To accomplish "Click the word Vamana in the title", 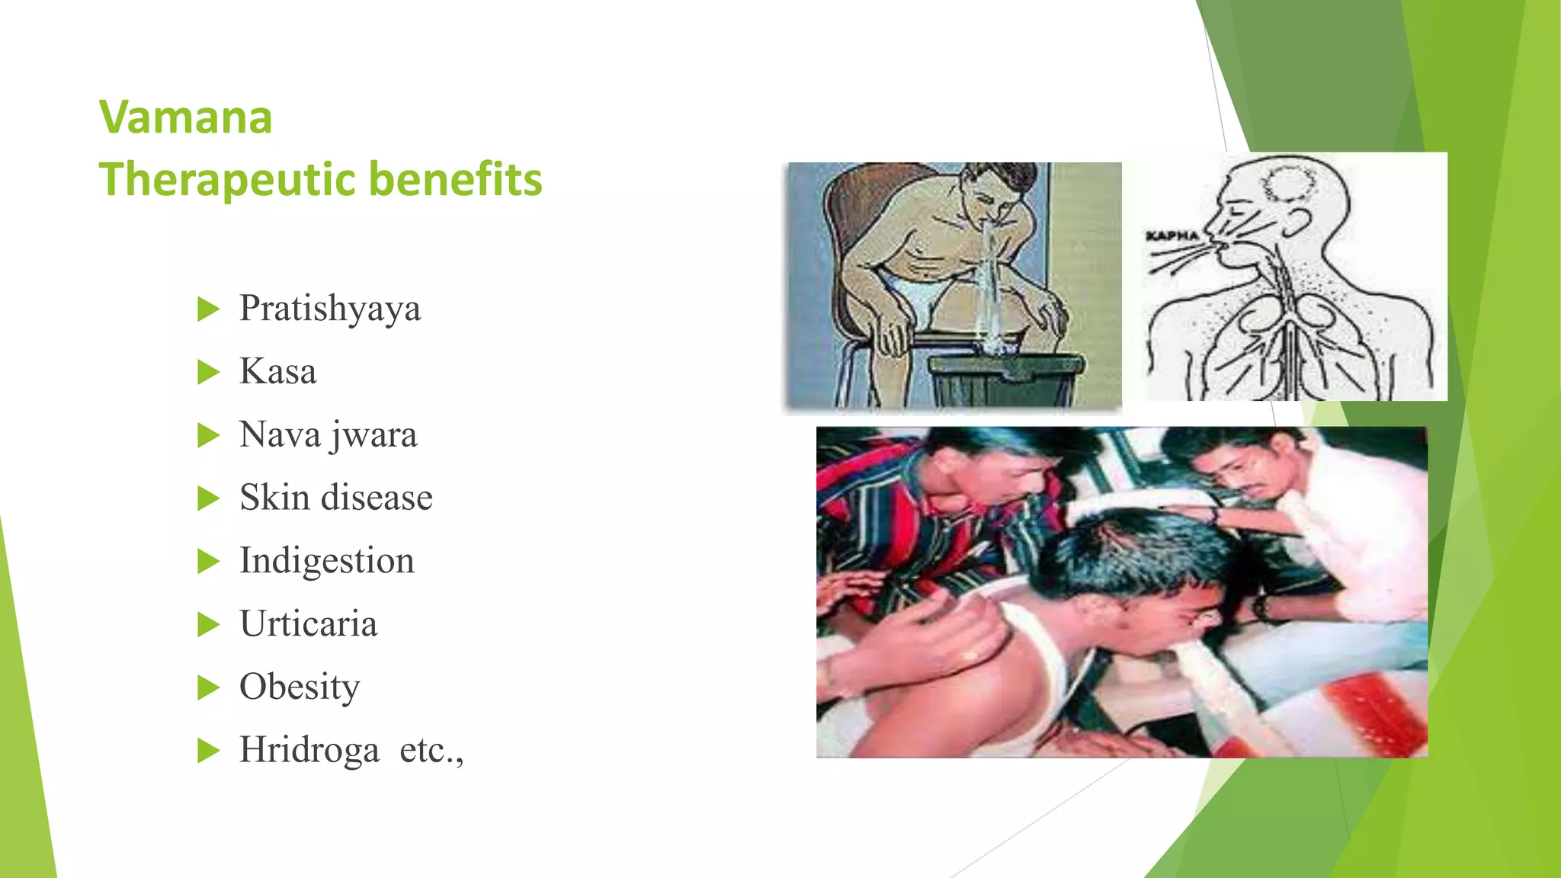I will tap(185, 117).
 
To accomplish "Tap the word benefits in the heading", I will tap(455, 180).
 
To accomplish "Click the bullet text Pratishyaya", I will tap(329, 309).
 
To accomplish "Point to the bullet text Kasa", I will tap(277, 372).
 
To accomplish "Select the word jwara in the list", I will tap(373, 436).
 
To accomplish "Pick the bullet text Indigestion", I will tap(326, 561).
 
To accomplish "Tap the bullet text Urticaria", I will tap(308, 624).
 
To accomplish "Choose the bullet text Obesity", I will tap(299, 687).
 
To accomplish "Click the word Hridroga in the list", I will tap(309, 750).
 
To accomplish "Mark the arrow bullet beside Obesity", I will tap(207, 687).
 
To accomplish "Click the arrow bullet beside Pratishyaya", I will tap(207, 309).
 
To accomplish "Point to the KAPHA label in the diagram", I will tap(1172, 236).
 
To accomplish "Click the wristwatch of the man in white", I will tap(1258, 608).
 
